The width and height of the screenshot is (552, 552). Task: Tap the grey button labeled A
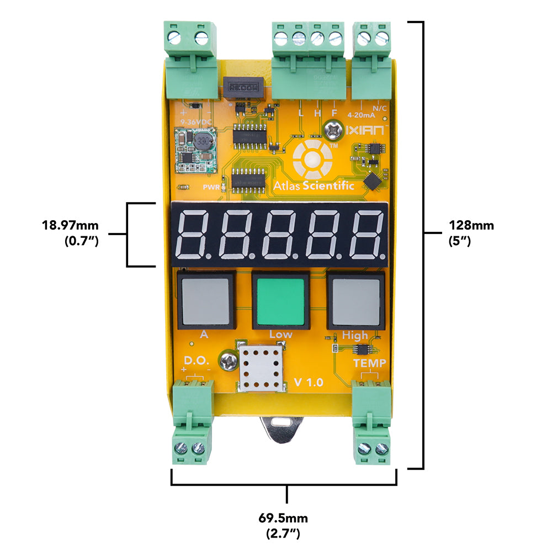point(205,300)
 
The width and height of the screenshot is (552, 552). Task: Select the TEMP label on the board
point(369,363)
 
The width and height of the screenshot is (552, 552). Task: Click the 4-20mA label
point(362,116)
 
